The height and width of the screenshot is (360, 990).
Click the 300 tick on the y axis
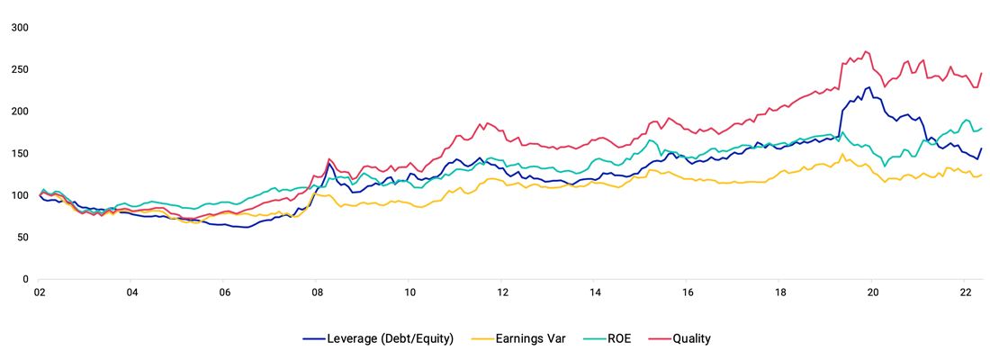click(x=20, y=28)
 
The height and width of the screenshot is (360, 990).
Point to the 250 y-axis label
click(x=20, y=69)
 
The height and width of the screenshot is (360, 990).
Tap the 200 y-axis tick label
click(x=20, y=112)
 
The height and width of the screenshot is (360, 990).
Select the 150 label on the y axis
click(x=20, y=153)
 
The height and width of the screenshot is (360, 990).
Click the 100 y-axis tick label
click(x=20, y=195)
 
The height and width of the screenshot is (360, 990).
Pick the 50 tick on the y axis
click(x=22, y=237)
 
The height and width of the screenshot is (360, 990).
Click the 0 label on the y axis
click(x=25, y=279)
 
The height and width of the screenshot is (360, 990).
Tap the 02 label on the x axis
click(x=40, y=292)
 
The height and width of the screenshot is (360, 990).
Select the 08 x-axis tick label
click(x=317, y=292)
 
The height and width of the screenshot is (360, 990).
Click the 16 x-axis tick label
click(x=688, y=292)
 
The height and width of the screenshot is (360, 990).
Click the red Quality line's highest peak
click(x=866, y=51)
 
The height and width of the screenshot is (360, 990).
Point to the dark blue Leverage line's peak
click(x=868, y=87)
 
